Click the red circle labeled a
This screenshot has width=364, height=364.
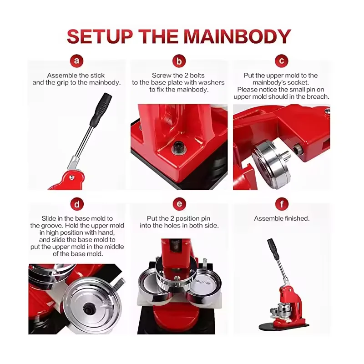coord(76,61)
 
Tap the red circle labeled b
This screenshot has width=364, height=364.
coord(179,61)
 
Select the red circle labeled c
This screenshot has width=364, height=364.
coord(281,61)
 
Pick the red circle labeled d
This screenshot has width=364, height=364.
coord(76,204)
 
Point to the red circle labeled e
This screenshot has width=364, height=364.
coord(179,204)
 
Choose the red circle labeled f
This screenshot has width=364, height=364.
coord(282,204)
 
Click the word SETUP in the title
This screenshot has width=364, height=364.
coord(100,36)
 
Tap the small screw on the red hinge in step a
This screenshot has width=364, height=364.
coord(72,177)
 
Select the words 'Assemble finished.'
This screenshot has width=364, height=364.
coord(282,218)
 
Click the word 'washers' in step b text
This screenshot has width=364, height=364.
coord(212,82)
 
